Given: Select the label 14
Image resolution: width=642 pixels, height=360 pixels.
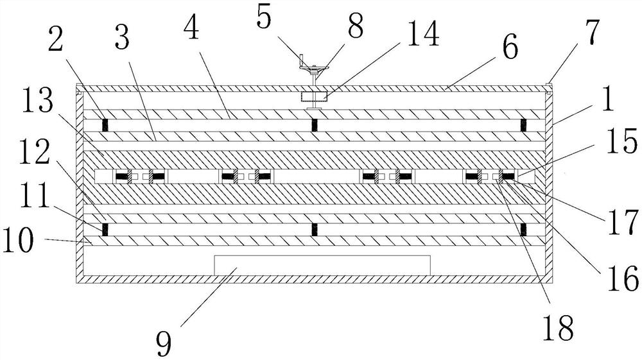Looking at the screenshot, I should pyautogui.click(x=419, y=36).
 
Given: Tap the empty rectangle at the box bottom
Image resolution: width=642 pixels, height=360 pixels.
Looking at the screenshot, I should pyautogui.click(x=322, y=265).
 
